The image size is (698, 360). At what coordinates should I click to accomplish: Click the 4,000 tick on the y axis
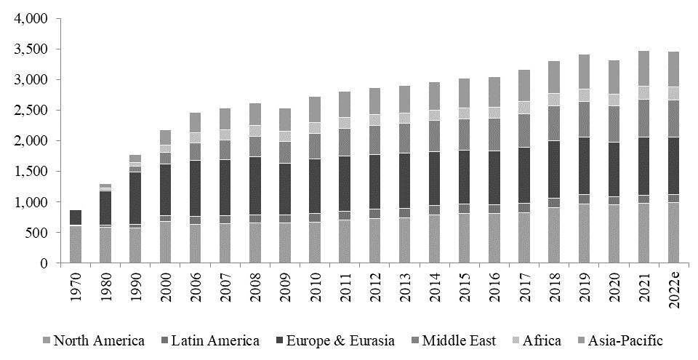[x=31, y=18]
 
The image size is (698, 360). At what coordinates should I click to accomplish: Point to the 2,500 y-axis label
[x=31, y=110]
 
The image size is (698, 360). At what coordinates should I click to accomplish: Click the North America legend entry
[x=94, y=340]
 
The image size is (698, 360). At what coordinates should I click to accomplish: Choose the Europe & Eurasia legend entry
[x=338, y=340]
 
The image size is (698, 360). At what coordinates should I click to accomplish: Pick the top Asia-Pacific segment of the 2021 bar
[x=645, y=68]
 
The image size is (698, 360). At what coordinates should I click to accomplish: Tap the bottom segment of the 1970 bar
[x=76, y=244]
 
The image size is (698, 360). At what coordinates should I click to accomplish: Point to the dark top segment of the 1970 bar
[x=76, y=217]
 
